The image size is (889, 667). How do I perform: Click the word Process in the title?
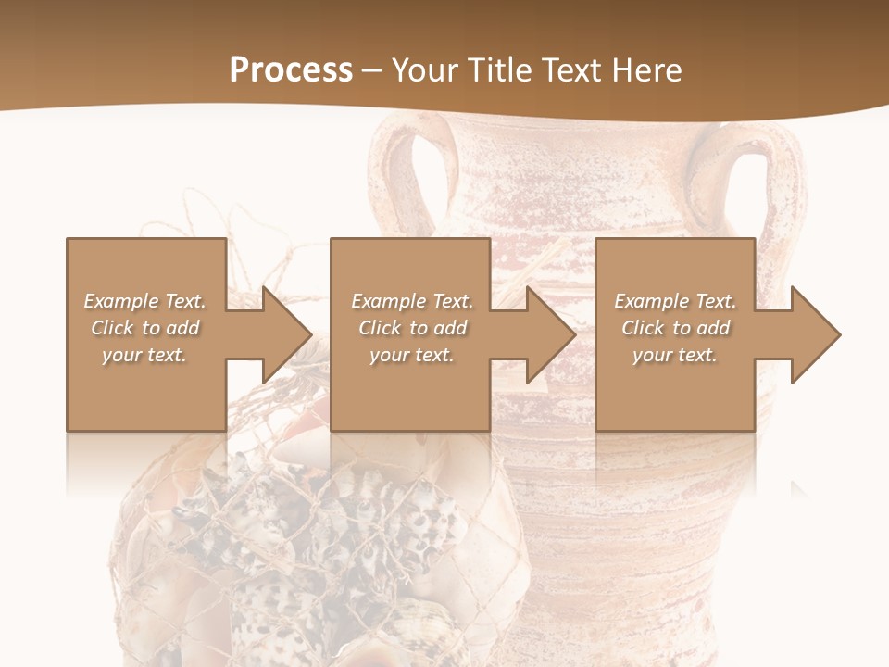[291, 70]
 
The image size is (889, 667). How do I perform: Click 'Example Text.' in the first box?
[144, 301]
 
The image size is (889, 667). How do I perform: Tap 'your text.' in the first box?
[144, 355]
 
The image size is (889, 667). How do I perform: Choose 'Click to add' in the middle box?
[412, 328]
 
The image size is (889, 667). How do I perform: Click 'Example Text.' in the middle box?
[412, 301]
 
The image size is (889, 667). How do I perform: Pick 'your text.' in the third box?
[675, 355]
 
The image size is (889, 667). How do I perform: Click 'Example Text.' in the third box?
[675, 301]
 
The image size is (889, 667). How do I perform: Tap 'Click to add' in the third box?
[675, 328]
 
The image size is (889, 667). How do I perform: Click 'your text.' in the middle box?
[412, 355]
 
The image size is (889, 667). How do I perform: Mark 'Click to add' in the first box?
[144, 328]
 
